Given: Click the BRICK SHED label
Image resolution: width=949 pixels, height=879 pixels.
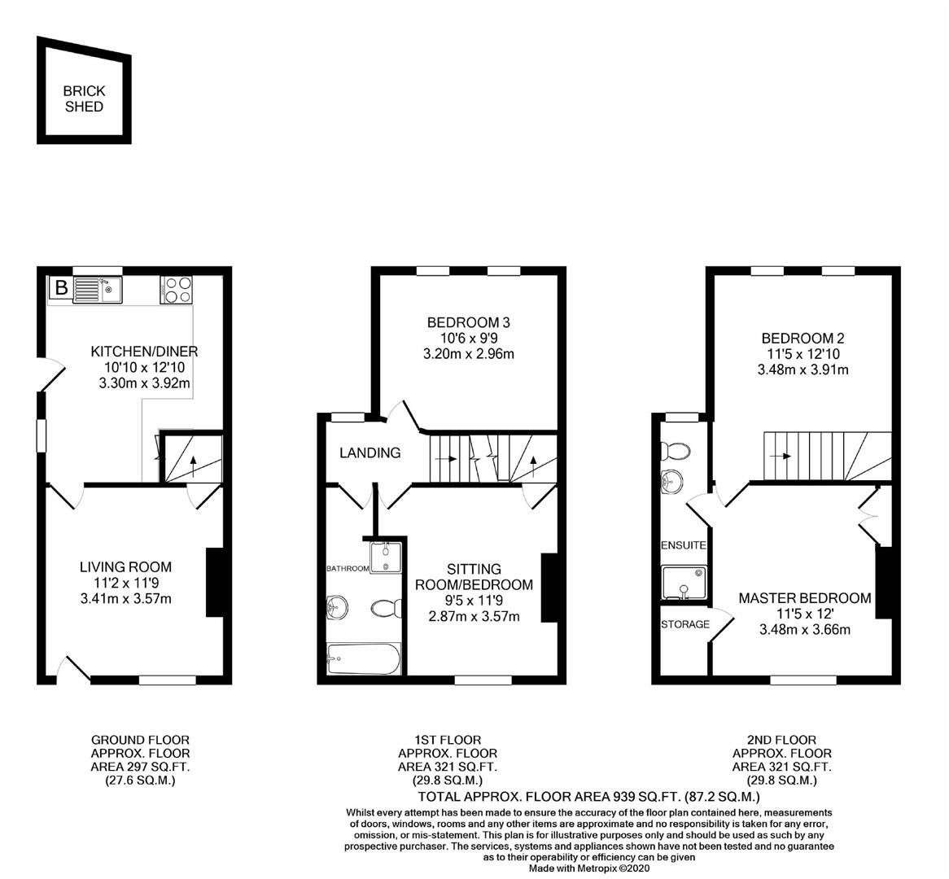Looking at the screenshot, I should (84, 99).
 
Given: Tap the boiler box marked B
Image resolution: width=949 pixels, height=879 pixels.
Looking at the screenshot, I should (61, 288).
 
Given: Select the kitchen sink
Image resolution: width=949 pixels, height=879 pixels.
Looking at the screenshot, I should (97, 289).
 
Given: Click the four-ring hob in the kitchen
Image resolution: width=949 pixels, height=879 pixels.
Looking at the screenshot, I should (178, 290).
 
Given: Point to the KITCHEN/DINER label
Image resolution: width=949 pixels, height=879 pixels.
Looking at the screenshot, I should (144, 352).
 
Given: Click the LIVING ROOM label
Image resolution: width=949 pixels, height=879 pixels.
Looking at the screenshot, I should (125, 567).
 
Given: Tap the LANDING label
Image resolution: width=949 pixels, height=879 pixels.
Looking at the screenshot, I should (370, 453).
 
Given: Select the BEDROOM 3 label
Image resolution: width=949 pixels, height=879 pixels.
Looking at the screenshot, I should (469, 322).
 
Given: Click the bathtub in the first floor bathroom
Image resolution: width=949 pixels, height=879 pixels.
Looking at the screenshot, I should (364, 658).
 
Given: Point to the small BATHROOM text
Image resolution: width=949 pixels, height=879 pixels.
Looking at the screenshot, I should (348, 568).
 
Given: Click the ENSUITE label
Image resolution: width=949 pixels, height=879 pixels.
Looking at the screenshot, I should (683, 545).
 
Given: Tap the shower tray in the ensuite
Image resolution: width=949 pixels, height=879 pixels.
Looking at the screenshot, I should (684, 584).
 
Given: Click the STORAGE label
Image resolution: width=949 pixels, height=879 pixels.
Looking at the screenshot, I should (684, 624).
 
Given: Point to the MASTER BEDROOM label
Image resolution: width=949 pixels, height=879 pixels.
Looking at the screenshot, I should (804, 598).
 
